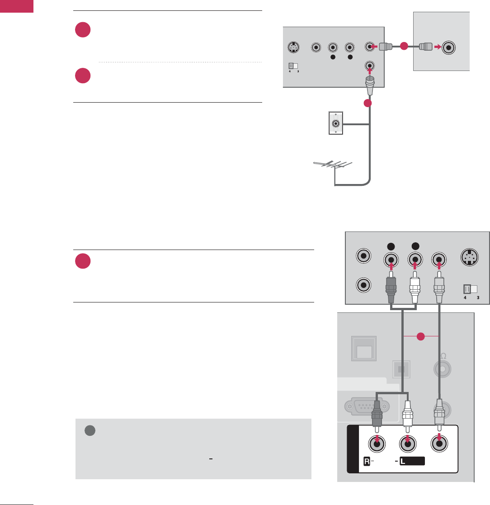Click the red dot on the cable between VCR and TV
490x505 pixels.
pyautogui.click(x=404, y=46)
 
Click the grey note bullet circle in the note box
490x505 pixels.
pyautogui.click(x=89, y=431)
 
